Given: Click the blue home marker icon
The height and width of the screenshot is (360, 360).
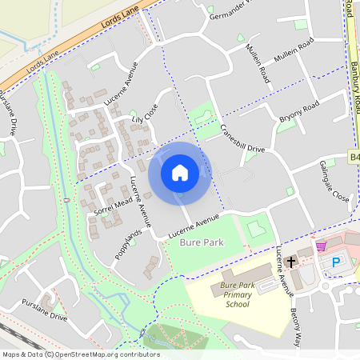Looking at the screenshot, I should pyautogui.click(x=180, y=173).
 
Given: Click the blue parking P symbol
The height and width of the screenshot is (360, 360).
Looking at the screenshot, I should pyautogui.click(x=336, y=262).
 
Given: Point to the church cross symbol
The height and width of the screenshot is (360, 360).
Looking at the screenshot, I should pyautogui.click(x=291, y=262).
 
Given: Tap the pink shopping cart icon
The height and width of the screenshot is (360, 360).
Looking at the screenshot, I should pyautogui.click(x=322, y=246).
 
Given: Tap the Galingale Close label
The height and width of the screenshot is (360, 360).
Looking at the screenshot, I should pyautogui.click(x=334, y=184).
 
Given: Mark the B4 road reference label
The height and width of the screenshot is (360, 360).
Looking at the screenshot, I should pyautogui.click(x=354, y=157).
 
